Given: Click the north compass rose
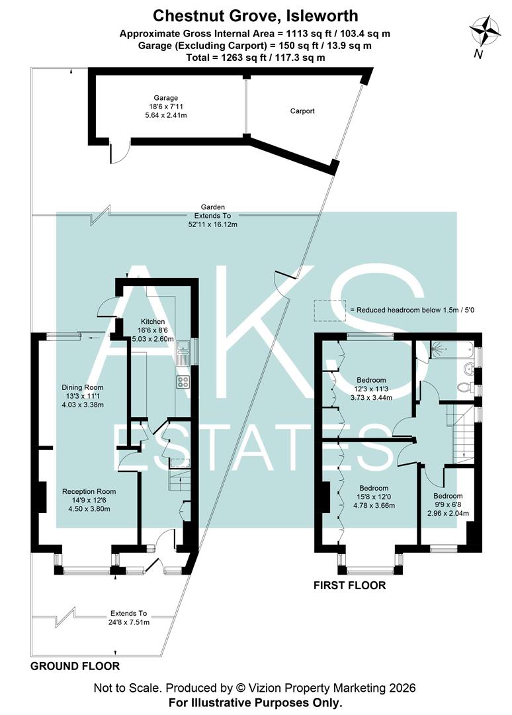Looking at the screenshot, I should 486,32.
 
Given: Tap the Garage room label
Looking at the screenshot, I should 166,107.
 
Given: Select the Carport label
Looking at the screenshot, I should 302,111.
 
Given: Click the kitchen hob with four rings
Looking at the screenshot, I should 183,382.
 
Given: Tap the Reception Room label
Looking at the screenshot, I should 89,500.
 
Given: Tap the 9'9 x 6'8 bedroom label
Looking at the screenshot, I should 447,504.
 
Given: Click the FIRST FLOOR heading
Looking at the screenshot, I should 350,586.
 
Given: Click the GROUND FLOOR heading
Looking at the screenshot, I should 75,666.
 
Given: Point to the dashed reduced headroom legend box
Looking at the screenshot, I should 330,309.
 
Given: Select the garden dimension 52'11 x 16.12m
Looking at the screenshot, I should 213,224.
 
